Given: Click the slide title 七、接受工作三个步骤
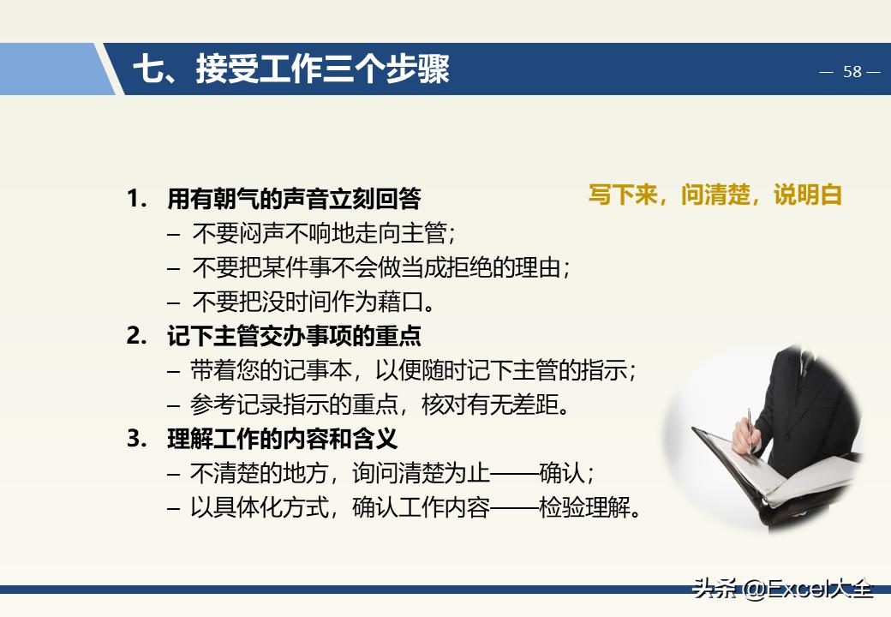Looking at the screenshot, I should (x=290, y=69).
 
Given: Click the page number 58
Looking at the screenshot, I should (x=852, y=72).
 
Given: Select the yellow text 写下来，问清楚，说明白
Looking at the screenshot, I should (x=715, y=195).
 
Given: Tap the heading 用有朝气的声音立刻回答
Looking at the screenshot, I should (x=294, y=199).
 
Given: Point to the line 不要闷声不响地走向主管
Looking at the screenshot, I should (x=323, y=233).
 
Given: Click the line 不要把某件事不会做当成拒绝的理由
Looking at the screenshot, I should (x=380, y=267).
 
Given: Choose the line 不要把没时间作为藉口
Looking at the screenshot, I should (x=314, y=302).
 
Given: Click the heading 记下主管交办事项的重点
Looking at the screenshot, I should (x=294, y=336).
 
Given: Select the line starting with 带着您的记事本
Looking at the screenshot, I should (x=413, y=370).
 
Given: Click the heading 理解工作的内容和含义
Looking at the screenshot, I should (x=282, y=439).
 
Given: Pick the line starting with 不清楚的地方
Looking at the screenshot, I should (x=392, y=473).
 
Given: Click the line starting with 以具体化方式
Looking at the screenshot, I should (x=416, y=507).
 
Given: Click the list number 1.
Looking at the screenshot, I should (x=135, y=199).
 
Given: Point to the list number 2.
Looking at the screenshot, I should (x=135, y=336).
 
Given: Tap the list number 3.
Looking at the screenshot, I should (x=135, y=439).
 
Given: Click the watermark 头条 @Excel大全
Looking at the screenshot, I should (x=782, y=589).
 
